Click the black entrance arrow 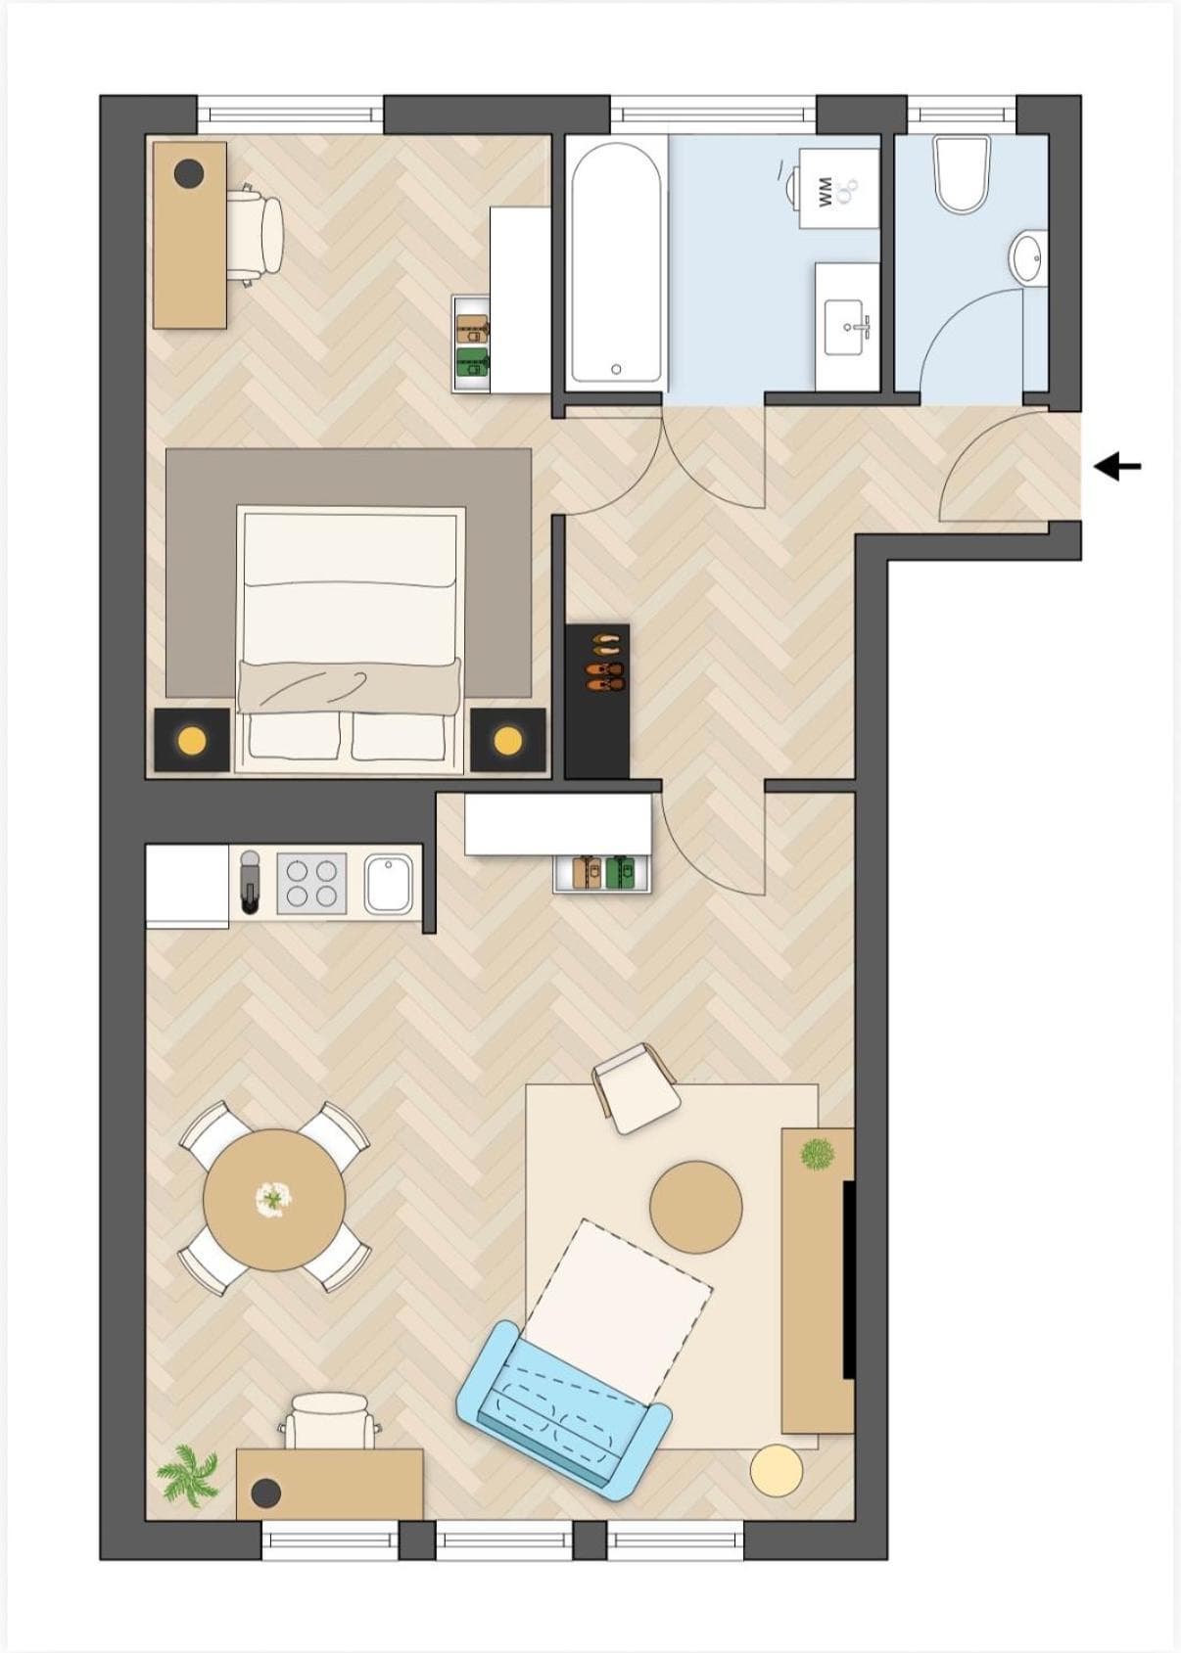1117,467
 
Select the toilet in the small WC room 961,175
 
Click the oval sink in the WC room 1029,256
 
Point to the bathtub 617,263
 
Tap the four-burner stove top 311,884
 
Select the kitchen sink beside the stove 389,884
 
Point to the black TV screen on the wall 849,1279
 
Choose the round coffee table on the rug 695,1207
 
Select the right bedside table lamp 507,740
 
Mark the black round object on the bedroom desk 189,173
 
